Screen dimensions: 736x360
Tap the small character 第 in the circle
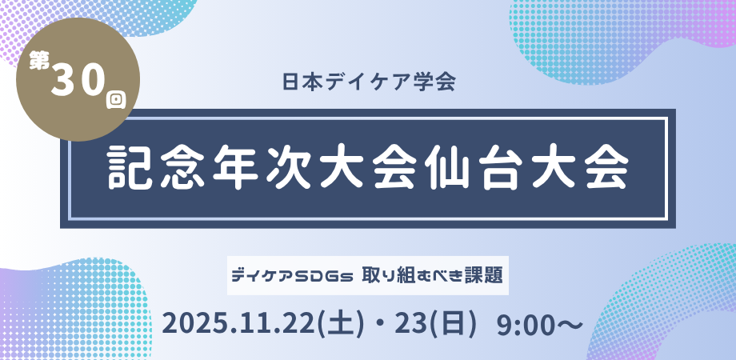[x=39, y=61]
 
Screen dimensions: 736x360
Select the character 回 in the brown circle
[x=116, y=100]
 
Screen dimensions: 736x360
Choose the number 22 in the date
[x=302, y=324]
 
